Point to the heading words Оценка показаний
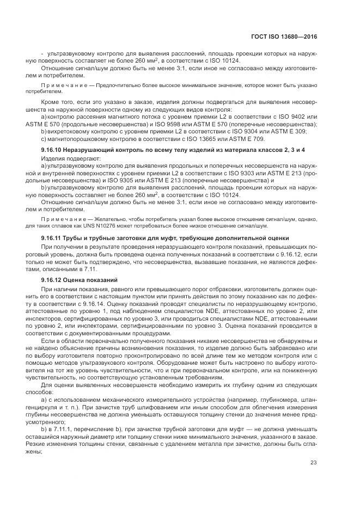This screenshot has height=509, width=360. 87,280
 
